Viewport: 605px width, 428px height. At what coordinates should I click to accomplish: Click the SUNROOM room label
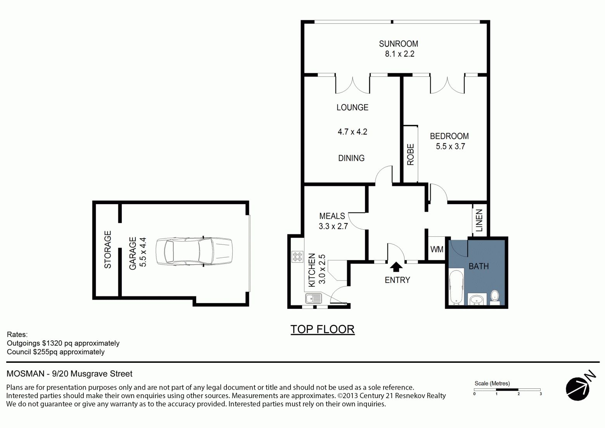[398, 44]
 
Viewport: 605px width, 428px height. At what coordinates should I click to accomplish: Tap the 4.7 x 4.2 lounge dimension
[353, 132]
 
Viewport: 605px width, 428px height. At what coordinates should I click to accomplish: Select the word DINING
[351, 158]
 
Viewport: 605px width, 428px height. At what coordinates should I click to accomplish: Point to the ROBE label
[411, 154]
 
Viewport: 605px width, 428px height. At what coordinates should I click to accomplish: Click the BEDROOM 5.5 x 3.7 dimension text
[450, 146]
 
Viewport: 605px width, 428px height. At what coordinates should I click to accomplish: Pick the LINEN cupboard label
[479, 220]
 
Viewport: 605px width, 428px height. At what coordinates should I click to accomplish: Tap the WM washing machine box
[437, 249]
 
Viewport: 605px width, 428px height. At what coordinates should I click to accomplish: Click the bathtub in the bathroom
[456, 287]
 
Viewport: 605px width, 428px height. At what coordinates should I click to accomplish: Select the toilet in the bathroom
[495, 298]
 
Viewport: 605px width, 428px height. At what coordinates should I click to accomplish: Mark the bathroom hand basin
[477, 299]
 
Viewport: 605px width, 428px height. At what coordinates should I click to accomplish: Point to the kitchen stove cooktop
[297, 257]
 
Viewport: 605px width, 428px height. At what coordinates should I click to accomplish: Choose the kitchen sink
[314, 298]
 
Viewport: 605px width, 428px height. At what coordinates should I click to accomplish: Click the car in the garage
[194, 251]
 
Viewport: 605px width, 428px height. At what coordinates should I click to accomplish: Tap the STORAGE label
[108, 250]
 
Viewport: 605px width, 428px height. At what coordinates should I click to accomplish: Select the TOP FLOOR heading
[323, 329]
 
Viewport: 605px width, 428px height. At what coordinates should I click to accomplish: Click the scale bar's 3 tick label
[541, 394]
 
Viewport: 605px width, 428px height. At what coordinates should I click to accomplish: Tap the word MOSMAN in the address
[25, 374]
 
